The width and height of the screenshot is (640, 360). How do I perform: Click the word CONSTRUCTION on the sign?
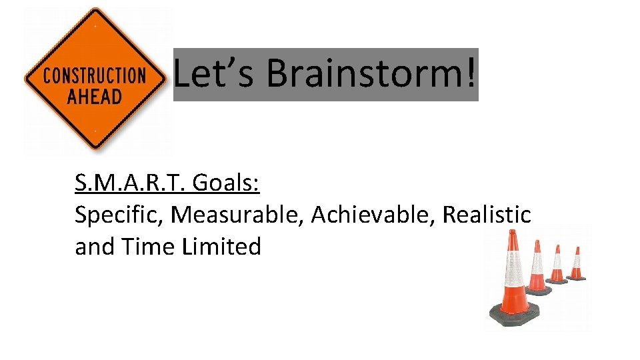click(x=94, y=75)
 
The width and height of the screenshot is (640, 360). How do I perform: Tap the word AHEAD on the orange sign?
click(x=94, y=95)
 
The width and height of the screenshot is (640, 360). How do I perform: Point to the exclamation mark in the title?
click(x=471, y=73)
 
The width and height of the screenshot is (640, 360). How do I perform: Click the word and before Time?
click(x=94, y=247)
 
